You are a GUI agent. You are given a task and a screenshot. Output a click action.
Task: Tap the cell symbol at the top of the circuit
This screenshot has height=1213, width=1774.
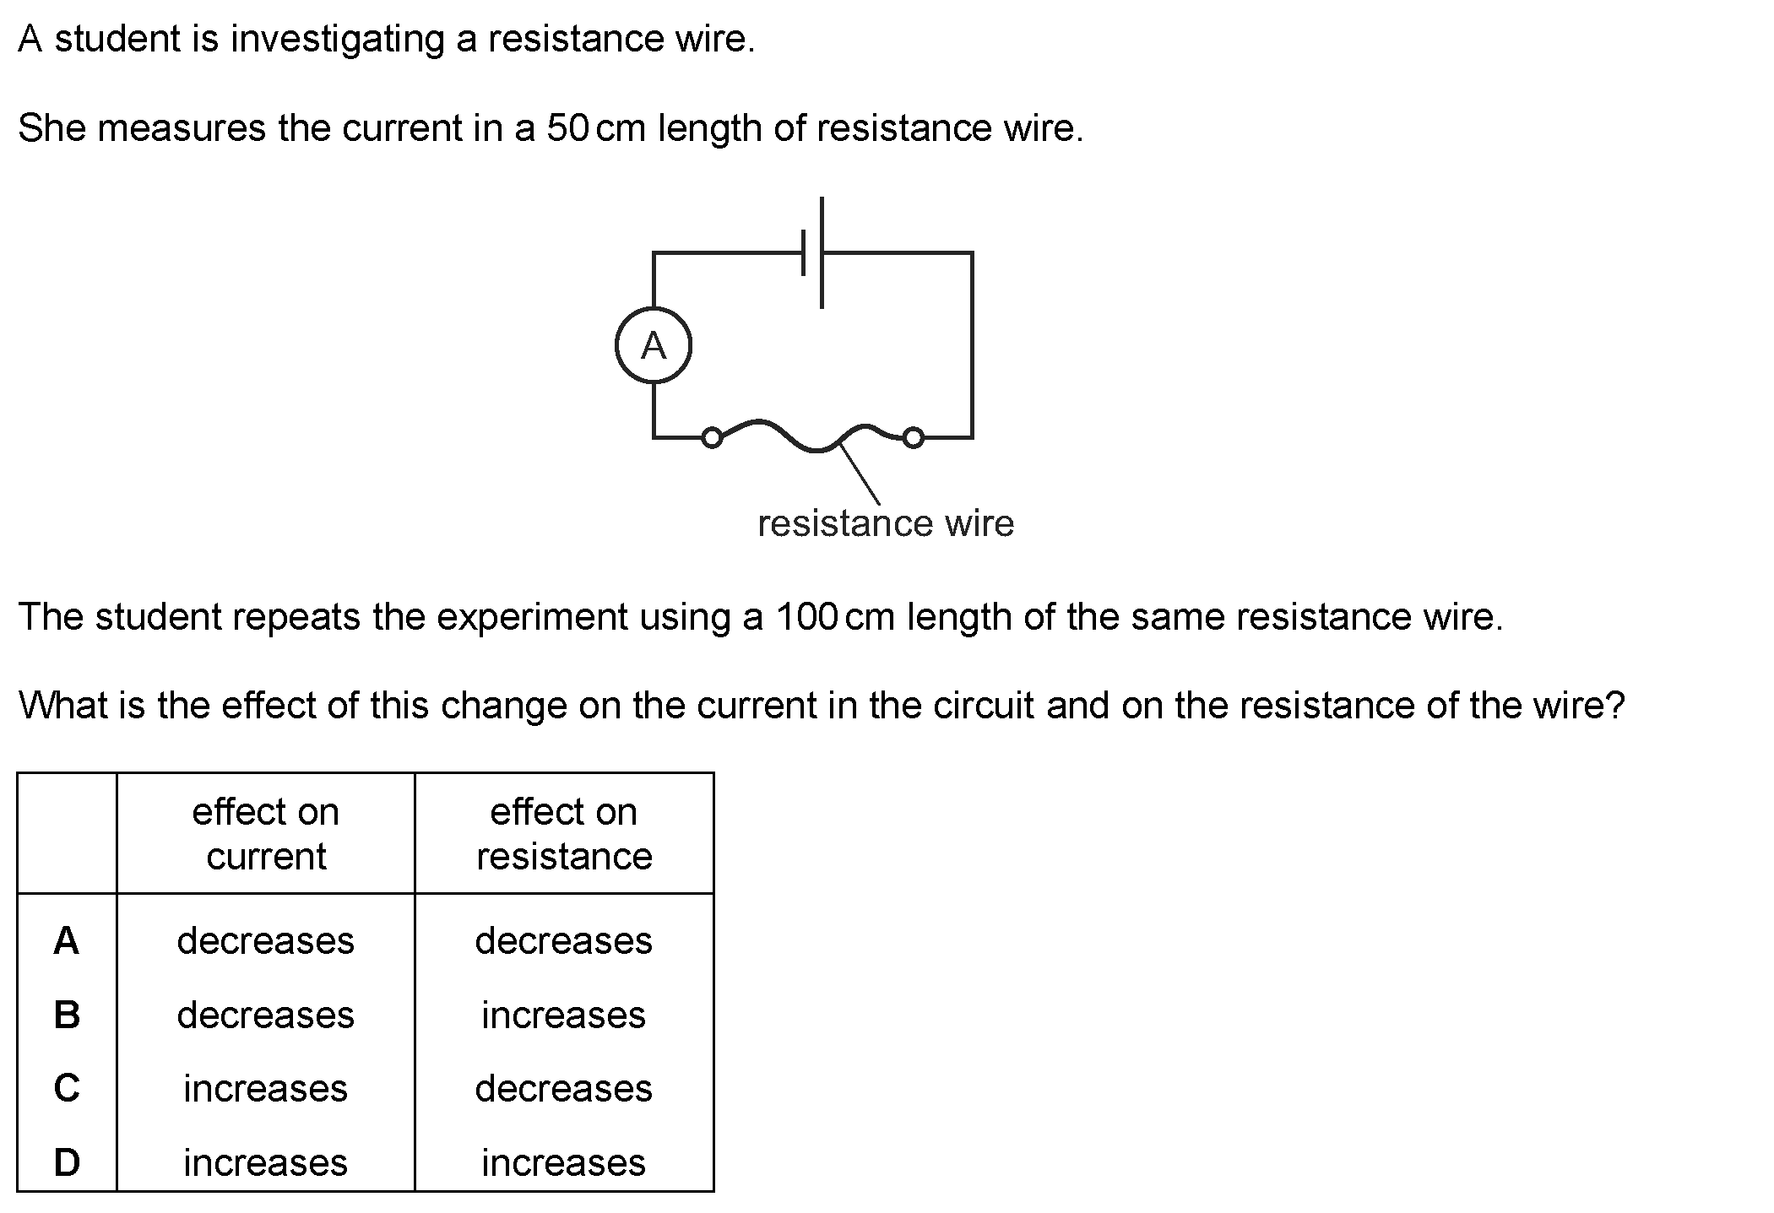[x=812, y=252]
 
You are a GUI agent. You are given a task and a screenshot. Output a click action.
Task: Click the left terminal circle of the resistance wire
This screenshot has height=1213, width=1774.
[x=713, y=437]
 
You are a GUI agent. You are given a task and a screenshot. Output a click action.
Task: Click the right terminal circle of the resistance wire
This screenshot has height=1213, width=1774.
[x=913, y=437]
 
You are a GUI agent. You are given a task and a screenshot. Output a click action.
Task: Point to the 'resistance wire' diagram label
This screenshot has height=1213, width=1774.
[x=886, y=523]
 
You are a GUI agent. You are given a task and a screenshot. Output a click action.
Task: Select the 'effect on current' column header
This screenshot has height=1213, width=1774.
[x=266, y=834]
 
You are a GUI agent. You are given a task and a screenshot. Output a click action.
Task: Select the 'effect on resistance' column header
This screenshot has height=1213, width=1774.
[x=564, y=834]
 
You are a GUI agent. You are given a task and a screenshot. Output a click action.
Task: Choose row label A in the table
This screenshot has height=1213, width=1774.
[x=67, y=940]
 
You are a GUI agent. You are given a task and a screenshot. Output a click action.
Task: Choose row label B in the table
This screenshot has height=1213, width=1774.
[x=67, y=1015]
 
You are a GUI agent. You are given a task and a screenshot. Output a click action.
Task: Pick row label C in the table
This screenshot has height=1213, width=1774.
[x=67, y=1088]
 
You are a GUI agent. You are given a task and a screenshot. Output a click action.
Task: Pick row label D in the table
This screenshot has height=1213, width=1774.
[x=67, y=1162]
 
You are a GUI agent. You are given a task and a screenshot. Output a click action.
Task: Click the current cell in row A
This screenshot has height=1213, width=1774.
[x=266, y=940]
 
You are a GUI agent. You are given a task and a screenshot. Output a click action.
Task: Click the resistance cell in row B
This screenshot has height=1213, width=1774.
[x=564, y=1015]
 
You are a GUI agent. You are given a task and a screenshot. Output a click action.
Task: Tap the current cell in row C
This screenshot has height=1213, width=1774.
[x=266, y=1088]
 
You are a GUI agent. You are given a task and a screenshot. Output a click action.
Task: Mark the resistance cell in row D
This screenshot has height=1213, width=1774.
[x=564, y=1162]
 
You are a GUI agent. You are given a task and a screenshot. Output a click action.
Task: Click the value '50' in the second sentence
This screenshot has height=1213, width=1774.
[x=567, y=128]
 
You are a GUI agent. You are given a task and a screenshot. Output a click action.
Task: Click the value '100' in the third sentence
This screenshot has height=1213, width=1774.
[x=806, y=617]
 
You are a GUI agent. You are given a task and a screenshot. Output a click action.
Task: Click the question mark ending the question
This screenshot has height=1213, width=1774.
[x=1615, y=705]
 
